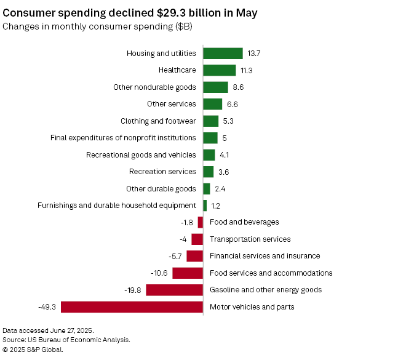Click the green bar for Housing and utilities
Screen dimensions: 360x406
coord(223,54)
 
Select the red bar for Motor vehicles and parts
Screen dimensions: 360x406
coord(132,306)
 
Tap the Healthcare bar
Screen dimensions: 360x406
coord(219,70)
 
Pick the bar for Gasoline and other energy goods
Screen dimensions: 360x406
coord(174,290)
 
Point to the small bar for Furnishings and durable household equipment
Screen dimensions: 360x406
coord(205,206)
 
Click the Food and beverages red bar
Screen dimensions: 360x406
coord(201,222)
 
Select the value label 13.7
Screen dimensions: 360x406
coord(253,54)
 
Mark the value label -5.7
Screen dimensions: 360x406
coord(175,256)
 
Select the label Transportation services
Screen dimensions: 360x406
coord(250,239)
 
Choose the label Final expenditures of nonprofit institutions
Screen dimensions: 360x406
coord(123,138)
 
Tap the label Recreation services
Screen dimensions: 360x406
coord(162,172)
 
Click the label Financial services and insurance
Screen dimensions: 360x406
coord(265,256)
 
